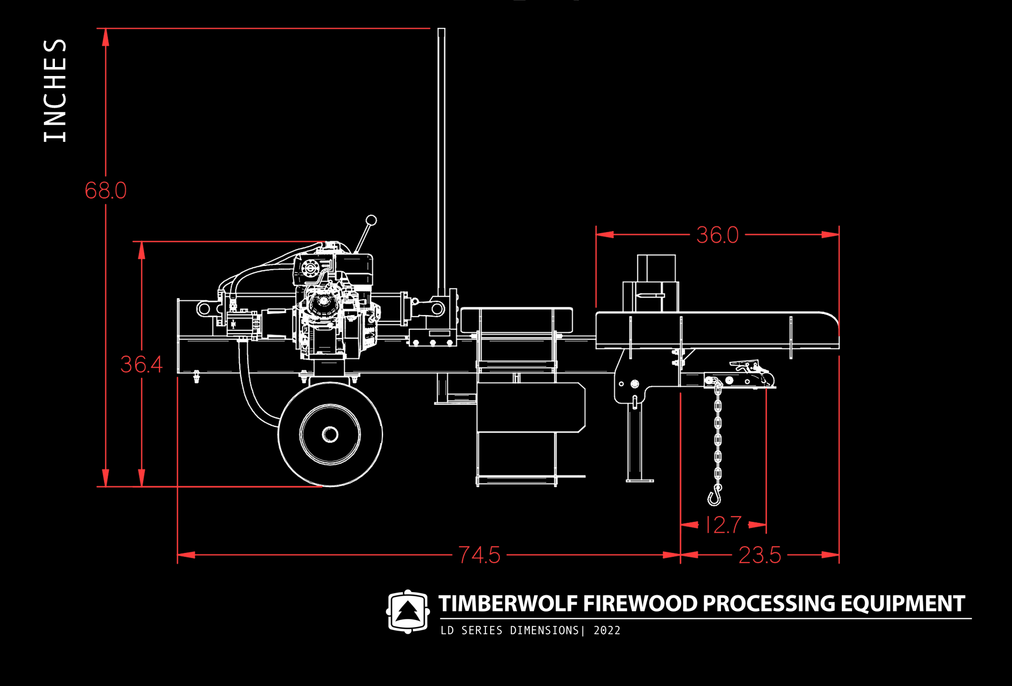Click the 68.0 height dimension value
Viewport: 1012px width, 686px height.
106,190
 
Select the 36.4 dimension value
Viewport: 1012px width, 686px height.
141,364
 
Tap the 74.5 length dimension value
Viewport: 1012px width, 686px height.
479,555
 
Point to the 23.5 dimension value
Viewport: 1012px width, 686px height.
759,555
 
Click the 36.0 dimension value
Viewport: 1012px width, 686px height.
717,235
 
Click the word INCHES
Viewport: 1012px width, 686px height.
55,90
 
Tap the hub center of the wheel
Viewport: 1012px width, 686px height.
330,435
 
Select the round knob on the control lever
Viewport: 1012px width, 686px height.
371,220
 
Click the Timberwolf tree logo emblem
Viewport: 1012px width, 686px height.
408,612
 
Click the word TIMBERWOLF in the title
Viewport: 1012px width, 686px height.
508,604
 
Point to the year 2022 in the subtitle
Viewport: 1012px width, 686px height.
607,631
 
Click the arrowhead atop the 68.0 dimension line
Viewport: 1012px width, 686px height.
106,37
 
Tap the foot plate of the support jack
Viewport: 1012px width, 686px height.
640,480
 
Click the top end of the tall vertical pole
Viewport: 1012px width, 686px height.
441,31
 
